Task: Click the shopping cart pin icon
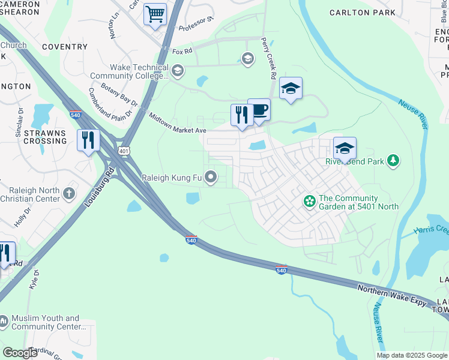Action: pyautogui.click(x=155, y=14)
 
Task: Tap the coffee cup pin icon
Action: pyautogui.click(x=259, y=110)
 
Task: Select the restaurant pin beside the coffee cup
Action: pyautogui.click(x=242, y=115)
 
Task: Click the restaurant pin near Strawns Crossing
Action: pyautogui.click(x=88, y=140)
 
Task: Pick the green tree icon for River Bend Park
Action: pyautogui.click(x=393, y=160)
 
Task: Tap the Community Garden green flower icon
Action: pyautogui.click(x=309, y=200)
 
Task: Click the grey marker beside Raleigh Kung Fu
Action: pyautogui.click(x=211, y=177)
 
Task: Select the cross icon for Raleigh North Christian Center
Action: pyautogui.click(x=70, y=193)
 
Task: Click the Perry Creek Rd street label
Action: pyautogui.click(x=267, y=59)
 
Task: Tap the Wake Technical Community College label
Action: pyautogui.click(x=130, y=72)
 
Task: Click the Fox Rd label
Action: pyautogui.click(x=181, y=52)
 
